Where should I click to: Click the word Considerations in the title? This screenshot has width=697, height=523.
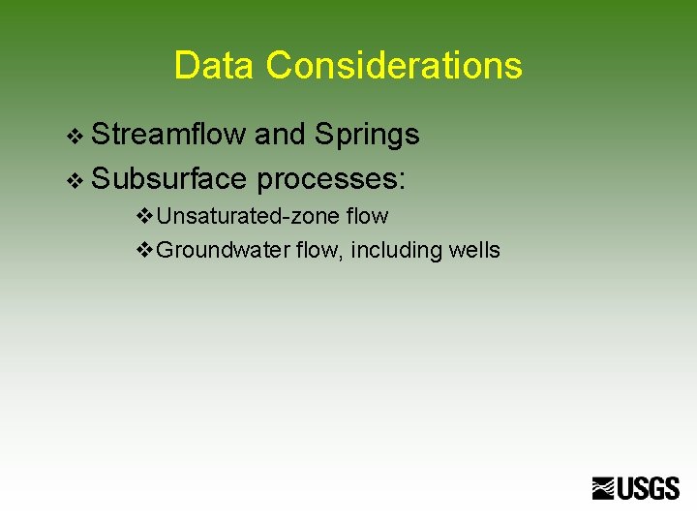point(394,66)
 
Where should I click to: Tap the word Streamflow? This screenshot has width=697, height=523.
point(169,135)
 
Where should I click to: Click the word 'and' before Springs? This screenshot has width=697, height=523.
point(280,135)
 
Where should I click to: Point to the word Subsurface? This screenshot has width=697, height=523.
point(170,179)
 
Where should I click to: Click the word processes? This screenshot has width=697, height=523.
point(334,179)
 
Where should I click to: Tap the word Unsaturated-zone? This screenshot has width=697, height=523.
point(249,217)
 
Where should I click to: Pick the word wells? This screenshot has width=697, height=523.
point(474,250)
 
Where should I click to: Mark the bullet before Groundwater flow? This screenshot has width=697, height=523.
point(144,250)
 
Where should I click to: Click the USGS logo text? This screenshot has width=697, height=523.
point(650,488)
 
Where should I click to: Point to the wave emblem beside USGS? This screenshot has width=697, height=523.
point(605,488)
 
